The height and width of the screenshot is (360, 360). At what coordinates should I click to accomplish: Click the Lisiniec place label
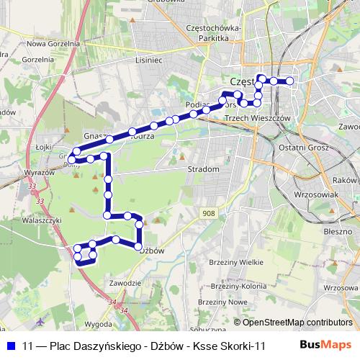coord(149,61)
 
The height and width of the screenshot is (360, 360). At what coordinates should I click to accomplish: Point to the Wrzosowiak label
coord(318,194)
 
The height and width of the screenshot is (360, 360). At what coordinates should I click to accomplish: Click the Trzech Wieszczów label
coord(257,117)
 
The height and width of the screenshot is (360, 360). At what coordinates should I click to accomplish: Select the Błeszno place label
coord(338,233)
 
